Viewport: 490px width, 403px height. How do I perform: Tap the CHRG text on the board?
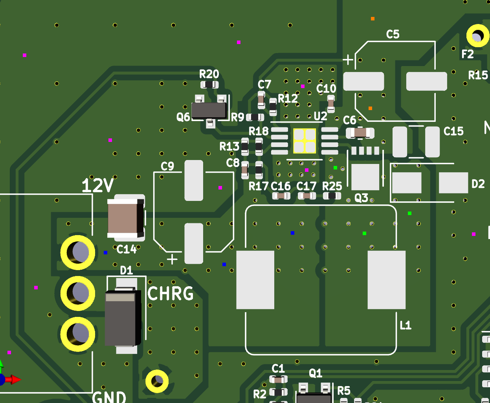170,293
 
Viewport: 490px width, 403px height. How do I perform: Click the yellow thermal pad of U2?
305,141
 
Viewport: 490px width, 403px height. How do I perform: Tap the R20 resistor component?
209,85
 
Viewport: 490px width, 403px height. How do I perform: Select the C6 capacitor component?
360,133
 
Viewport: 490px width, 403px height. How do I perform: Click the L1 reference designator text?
406,325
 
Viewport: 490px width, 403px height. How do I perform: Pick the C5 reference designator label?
393,35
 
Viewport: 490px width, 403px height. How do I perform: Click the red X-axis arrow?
13,379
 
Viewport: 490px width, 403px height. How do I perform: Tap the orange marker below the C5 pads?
370,109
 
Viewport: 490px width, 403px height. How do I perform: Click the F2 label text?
468,54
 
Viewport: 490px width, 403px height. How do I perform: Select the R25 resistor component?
332,196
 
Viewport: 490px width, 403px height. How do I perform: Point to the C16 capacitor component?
281,196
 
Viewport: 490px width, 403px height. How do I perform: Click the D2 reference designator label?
478,184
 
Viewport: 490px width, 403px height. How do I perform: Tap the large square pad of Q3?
365,177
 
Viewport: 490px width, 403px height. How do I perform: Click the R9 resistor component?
255,117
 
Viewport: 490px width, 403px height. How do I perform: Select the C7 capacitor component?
261,100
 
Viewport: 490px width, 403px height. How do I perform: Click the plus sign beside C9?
172,259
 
